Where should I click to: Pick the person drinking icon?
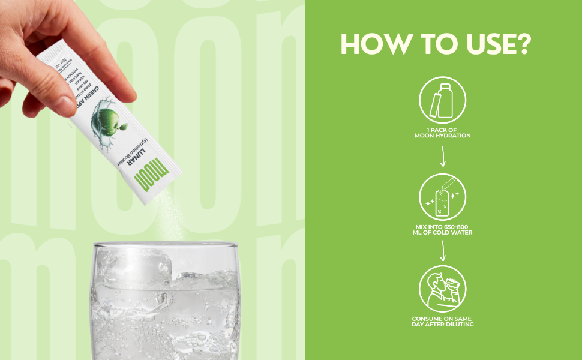(x=443, y=288)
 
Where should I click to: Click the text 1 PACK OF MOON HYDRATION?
(x=443, y=133)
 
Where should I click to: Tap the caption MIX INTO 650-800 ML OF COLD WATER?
(x=443, y=229)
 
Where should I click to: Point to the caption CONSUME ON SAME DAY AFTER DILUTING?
(x=443, y=321)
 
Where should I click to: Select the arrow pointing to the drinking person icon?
(x=443, y=251)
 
